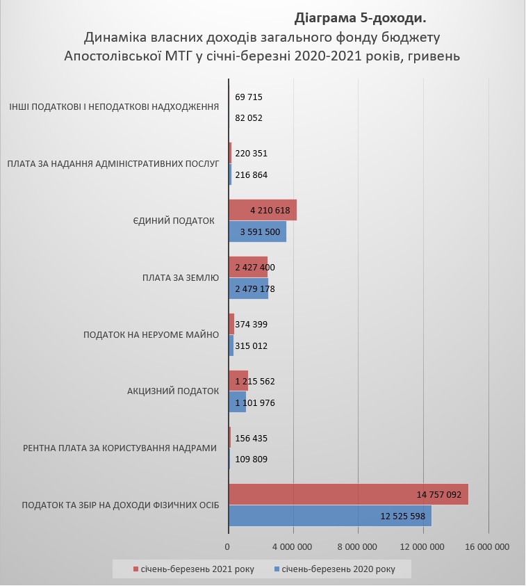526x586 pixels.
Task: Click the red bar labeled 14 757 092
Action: click(x=347, y=494)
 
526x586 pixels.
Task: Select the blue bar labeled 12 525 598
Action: click(x=329, y=515)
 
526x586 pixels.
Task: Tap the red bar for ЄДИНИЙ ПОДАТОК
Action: click(x=262, y=210)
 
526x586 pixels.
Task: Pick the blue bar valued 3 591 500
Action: click(x=257, y=231)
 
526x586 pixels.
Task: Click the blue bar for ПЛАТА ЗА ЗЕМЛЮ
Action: click(x=248, y=288)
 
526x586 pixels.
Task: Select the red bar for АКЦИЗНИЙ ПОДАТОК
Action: click(x=238, y=381)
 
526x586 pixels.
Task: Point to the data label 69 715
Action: click(x=249, y=97)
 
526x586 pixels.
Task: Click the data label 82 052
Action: click(x=249, y=118)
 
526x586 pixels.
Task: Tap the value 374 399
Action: click(x=251, y=324)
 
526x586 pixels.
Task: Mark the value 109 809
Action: click(x=251, y=459)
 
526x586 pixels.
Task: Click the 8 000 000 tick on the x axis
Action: click(x=358, y=547)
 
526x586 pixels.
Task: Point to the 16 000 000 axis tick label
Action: click(x=488, y=547)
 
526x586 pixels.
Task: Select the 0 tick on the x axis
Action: click(x=229, y=547)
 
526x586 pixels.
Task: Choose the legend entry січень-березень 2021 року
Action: click(x=197, y=569)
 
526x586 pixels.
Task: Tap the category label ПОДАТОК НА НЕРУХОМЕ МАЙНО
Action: click(x=151, y=334)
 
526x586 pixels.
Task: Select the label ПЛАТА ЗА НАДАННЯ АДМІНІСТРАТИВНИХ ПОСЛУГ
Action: click(x=113, y=164)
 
